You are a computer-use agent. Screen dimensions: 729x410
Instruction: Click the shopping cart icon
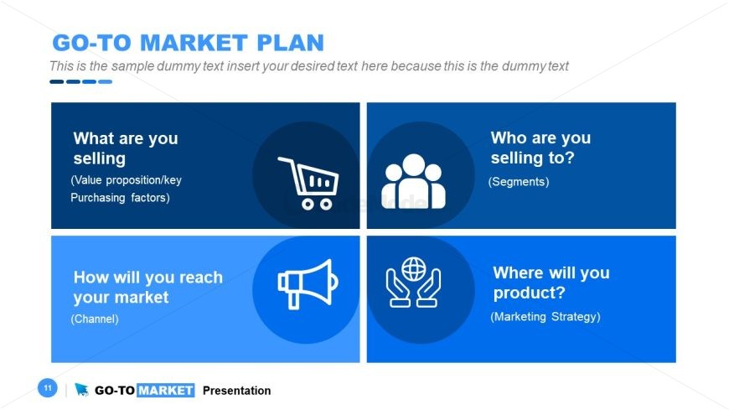pyautogui.click(x=308, y=183)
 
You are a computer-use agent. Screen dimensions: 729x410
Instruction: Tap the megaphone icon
pyautogui.click(x=308, y=284)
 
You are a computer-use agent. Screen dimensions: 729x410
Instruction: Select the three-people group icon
pyautogui.click(x=413, y=181)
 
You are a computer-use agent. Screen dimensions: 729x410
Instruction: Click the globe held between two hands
pyautogui.click(x=413, y=269)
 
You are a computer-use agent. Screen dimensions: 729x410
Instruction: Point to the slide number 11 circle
pyautogui.click(x=48, y=387)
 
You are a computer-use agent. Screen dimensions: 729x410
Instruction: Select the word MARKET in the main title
pyautogui.click(x=193, y=43)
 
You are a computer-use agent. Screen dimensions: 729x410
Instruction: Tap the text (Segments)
pyautogui.click(x=519, y=181)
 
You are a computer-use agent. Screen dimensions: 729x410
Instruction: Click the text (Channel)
pyautogui.click(x=95, y=319)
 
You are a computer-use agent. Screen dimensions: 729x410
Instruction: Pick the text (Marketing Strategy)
pyautogui.click(x=545, y=316)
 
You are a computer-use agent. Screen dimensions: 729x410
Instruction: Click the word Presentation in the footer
pyautogui.click(x=236, y=391)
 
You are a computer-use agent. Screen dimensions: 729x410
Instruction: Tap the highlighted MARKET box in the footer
pyautogui.click(x=166, y=390)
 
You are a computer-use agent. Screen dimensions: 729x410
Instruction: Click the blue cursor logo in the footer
pyautogui.click(x=81, y=389)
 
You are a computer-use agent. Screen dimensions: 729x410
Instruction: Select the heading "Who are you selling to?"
pyautogui.click(x=540, y=148)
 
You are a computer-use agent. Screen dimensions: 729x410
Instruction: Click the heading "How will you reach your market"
pyautogui.click(x=147, y=287)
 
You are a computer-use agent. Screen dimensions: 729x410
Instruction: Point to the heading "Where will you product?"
pyautogui.click(x=551, y=283)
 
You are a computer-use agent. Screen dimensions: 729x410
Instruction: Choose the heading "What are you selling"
pyautogui.click(x=126, y=148)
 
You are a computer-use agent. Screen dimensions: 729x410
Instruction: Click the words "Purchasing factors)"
pyautogui.click(x=120, y=197)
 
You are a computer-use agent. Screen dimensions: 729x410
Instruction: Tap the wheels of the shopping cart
pyautogui.click(x=317, y=204)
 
